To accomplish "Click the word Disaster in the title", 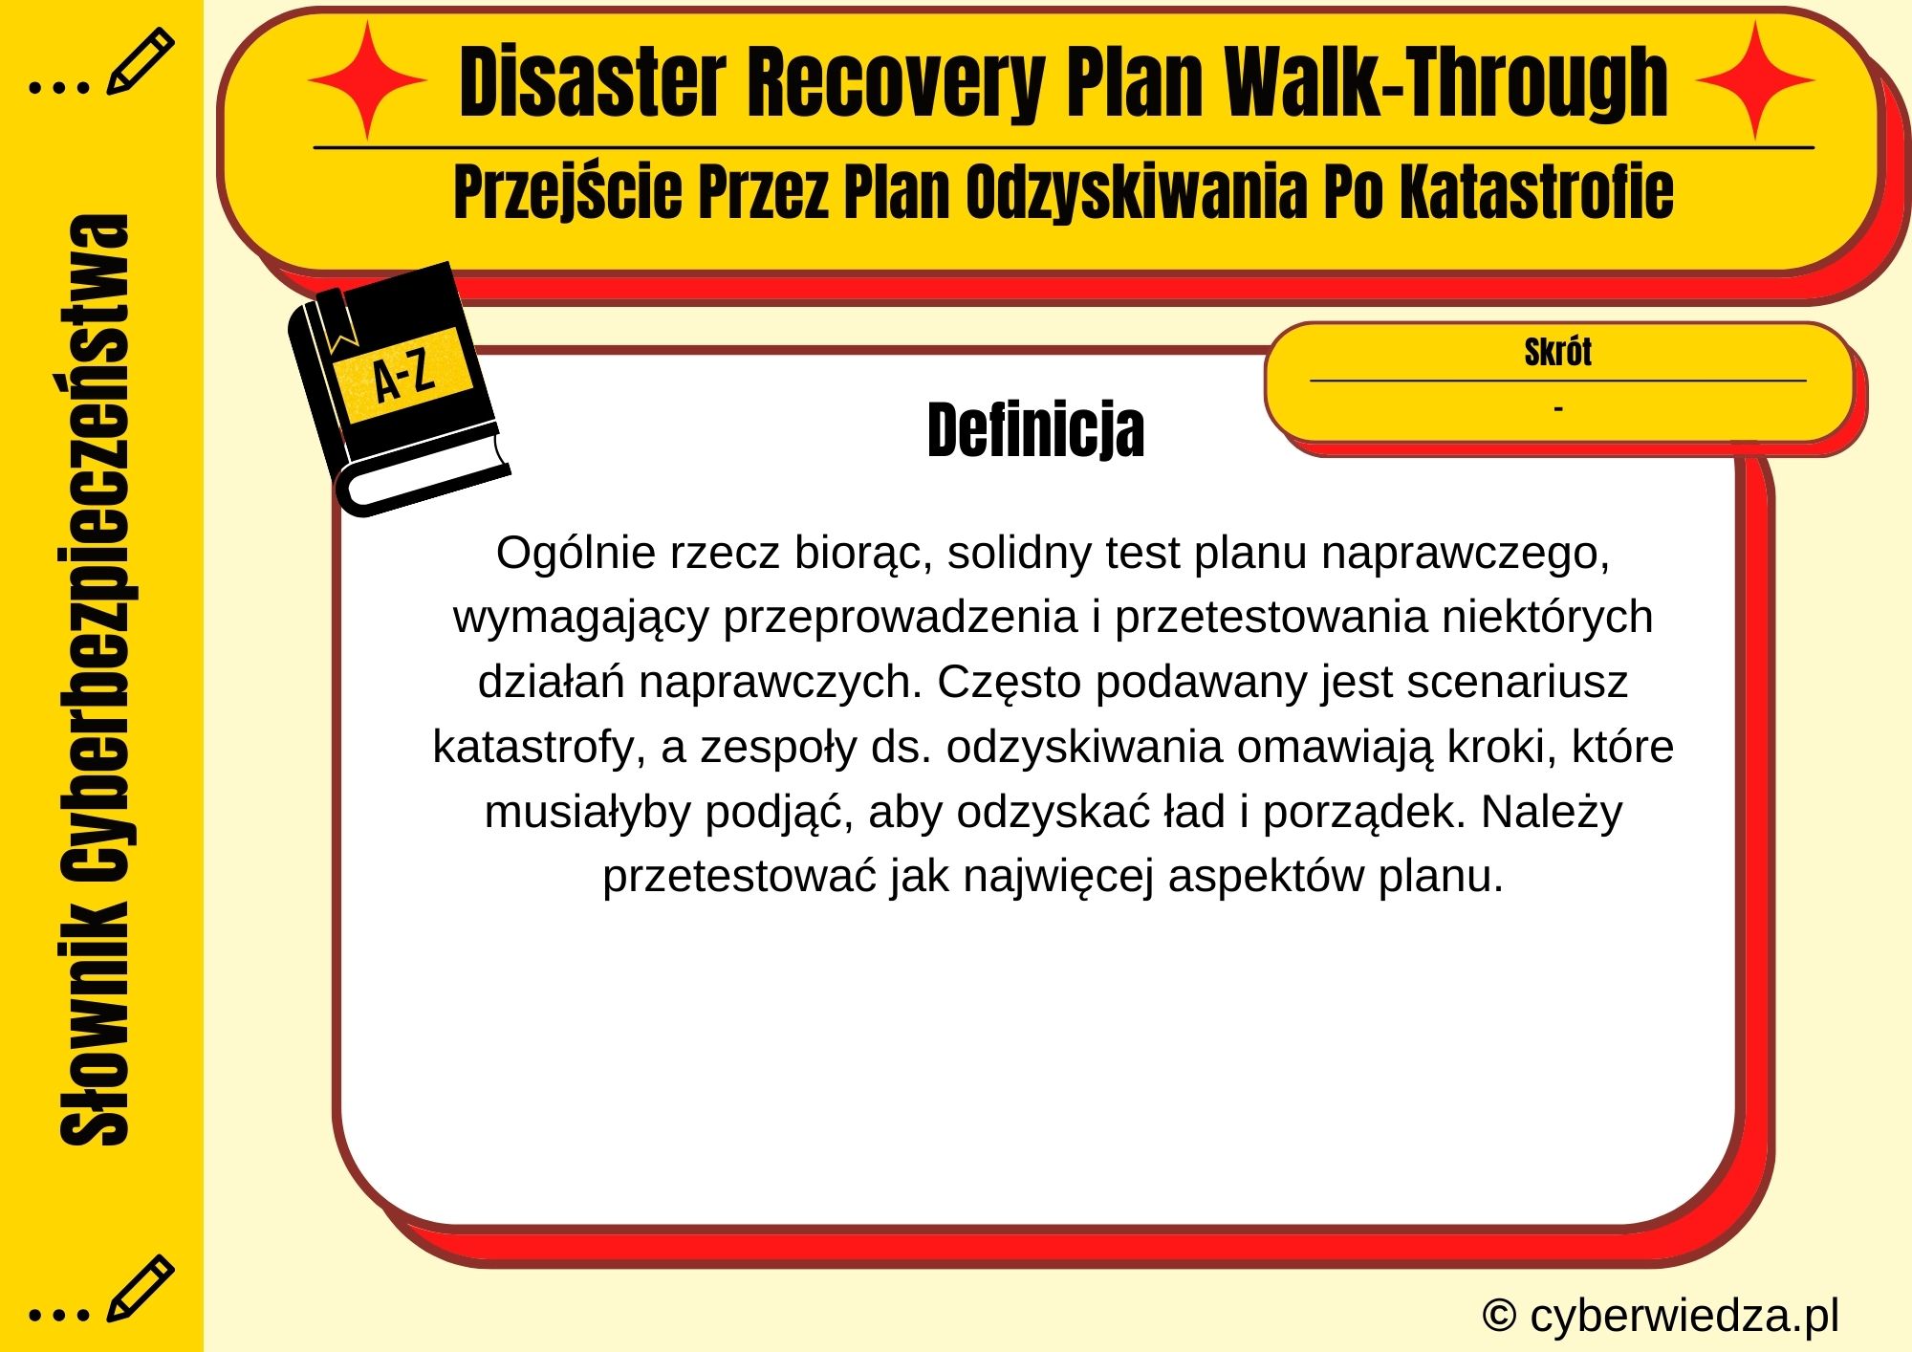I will coord(593,84).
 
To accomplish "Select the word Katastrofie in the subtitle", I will coord(1536,191).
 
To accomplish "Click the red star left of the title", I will coord(367,80).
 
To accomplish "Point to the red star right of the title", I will coord(1755,80).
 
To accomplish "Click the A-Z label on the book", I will coord(404,375).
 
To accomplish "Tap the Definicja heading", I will coord(1035,430).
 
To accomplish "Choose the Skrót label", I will coord(1557,352).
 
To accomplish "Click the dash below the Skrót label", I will coord(1558,409).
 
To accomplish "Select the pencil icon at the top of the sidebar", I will coord(140,61).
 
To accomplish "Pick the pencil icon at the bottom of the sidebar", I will coord(140,1288).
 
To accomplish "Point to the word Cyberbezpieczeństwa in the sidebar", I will coord(95,555).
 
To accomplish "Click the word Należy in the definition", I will coord(1552,812).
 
